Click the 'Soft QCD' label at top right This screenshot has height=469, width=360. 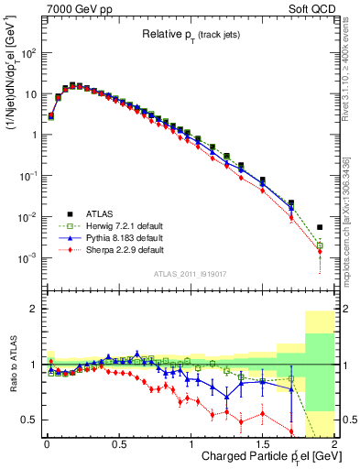pyautogui.click(x=314, y=8)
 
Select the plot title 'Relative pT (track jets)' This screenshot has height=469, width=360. pyautogui.click(x=192, y=34)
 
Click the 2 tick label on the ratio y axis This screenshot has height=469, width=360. pyautogui.click(x=34, y=309)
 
